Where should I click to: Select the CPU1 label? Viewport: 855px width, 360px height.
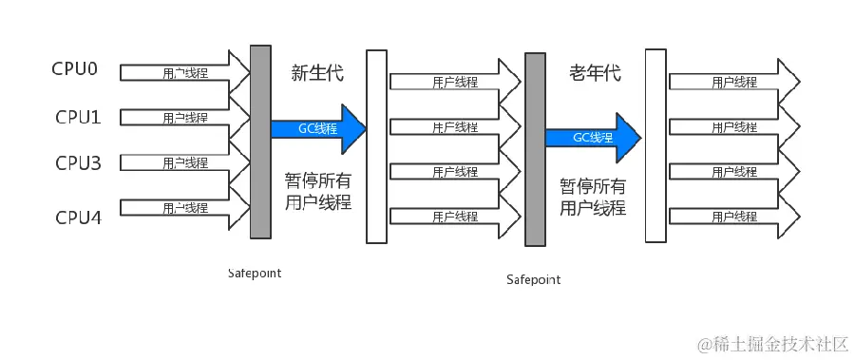tap(78, 117)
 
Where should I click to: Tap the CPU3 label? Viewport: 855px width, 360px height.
tap(78, 163)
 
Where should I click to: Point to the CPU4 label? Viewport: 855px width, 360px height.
tap(78, 217)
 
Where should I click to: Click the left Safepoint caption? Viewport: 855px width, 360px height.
tap(255, 273)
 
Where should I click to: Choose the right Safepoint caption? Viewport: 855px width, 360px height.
tap(533, 279)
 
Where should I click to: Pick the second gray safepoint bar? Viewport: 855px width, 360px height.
tap(535, 149)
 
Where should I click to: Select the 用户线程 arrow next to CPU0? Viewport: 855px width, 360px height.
tap(185, 72)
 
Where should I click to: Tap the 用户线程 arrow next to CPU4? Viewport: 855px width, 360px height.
tap(185, 208)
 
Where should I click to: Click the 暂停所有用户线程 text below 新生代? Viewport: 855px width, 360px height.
tap(318, 192)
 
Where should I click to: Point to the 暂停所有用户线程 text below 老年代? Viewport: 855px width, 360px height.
tap(593, 197)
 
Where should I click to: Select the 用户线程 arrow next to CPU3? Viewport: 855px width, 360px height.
tap(185, 163)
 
